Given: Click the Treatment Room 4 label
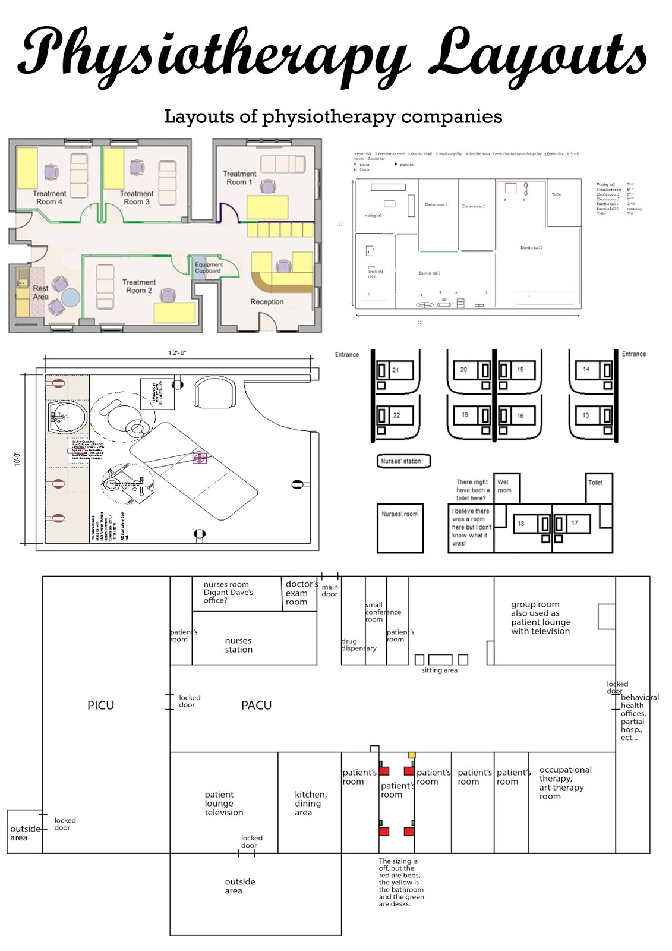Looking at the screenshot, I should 49,197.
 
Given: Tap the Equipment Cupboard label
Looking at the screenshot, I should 209,268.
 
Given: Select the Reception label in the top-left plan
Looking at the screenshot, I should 267,302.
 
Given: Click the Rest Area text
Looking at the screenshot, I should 41,292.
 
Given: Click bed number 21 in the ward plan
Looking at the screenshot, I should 395,370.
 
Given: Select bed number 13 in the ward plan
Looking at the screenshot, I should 586,415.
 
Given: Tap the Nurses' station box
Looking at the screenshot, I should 401,461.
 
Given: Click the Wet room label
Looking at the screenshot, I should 504,486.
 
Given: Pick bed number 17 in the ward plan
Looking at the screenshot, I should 574,524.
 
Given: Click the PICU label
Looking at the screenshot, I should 100,706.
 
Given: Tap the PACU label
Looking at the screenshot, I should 256,706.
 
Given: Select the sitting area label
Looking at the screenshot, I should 440,670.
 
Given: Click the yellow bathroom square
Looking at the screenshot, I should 411,755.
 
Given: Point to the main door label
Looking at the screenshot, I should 330,590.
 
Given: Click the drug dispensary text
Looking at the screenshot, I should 358,645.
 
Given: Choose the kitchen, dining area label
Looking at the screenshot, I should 311,803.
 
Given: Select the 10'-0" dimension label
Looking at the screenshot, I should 17,459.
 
